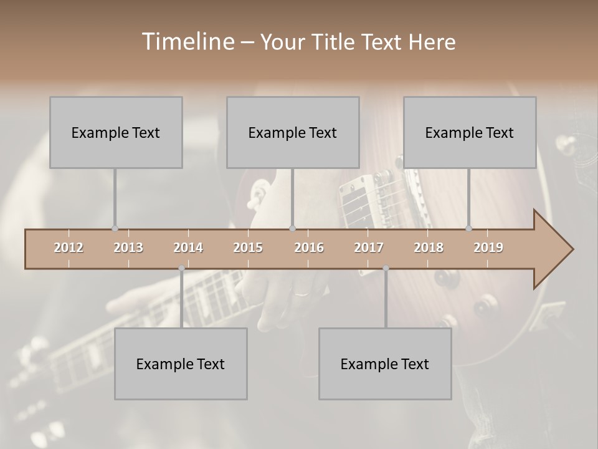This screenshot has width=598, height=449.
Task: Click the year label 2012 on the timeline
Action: point(69,248)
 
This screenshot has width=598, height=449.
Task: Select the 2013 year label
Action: point(128,248)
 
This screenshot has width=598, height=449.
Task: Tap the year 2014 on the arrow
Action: point(188,248)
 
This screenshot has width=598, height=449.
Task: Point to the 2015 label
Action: point(248,248)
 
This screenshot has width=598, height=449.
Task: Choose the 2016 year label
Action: point(309,248)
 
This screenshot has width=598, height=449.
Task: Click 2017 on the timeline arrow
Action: point(369,248)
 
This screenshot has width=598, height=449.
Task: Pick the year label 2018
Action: point(429,248)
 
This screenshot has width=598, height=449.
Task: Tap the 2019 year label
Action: point(488,248)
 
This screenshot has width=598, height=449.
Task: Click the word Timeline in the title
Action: point(187,42)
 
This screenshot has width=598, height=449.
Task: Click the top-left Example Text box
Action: point(116,132)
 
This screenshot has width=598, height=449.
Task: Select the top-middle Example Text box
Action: point(293,132)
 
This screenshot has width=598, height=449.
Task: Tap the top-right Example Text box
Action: point(470,132)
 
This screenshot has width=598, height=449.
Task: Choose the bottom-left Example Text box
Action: point(181,364)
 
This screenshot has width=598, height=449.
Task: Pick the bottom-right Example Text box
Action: point(385,364)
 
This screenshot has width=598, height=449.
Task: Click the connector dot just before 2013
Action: point(115,229)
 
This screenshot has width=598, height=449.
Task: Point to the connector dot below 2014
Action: point(181,268)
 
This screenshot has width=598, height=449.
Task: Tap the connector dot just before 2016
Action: point(293,229)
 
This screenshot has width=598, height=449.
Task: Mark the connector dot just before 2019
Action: point(469,229)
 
